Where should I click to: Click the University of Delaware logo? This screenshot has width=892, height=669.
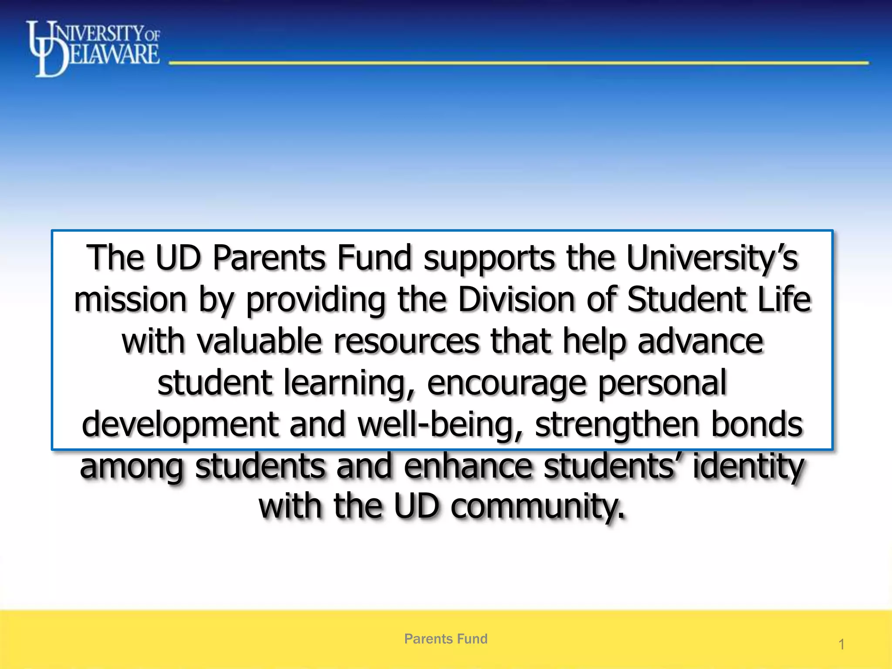tap(93, 48)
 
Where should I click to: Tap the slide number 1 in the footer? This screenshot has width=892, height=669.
tap(841, 644)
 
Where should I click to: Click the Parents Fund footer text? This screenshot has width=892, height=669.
tap(446, 639)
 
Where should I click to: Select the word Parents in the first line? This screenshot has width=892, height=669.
tap(269, 258)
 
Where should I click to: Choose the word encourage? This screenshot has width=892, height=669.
tap(507, 383)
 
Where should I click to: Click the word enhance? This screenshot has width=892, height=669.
tap(468, 466)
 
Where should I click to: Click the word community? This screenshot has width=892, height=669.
tap(537, 506)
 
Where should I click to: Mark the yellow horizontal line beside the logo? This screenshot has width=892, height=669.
tap(518, 63)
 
